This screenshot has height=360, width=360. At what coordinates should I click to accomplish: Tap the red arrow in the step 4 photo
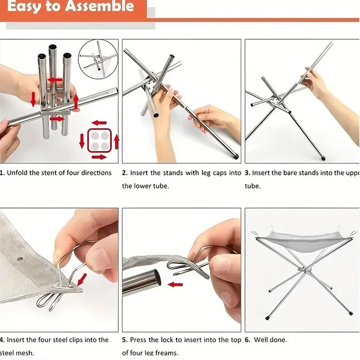click(82, 278)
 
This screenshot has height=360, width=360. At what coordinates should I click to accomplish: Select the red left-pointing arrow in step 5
click(175, 285)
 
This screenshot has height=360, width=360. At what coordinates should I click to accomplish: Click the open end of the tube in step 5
click(156, 279)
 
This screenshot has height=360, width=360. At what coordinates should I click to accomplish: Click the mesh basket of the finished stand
click(299, 242)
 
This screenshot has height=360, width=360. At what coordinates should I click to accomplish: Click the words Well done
click(271, 340)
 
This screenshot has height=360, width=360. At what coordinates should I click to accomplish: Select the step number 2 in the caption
click(124, 173)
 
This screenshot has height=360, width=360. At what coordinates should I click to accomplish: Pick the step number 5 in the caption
click(124, 340)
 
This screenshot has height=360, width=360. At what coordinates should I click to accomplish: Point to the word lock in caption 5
click(166, 340)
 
